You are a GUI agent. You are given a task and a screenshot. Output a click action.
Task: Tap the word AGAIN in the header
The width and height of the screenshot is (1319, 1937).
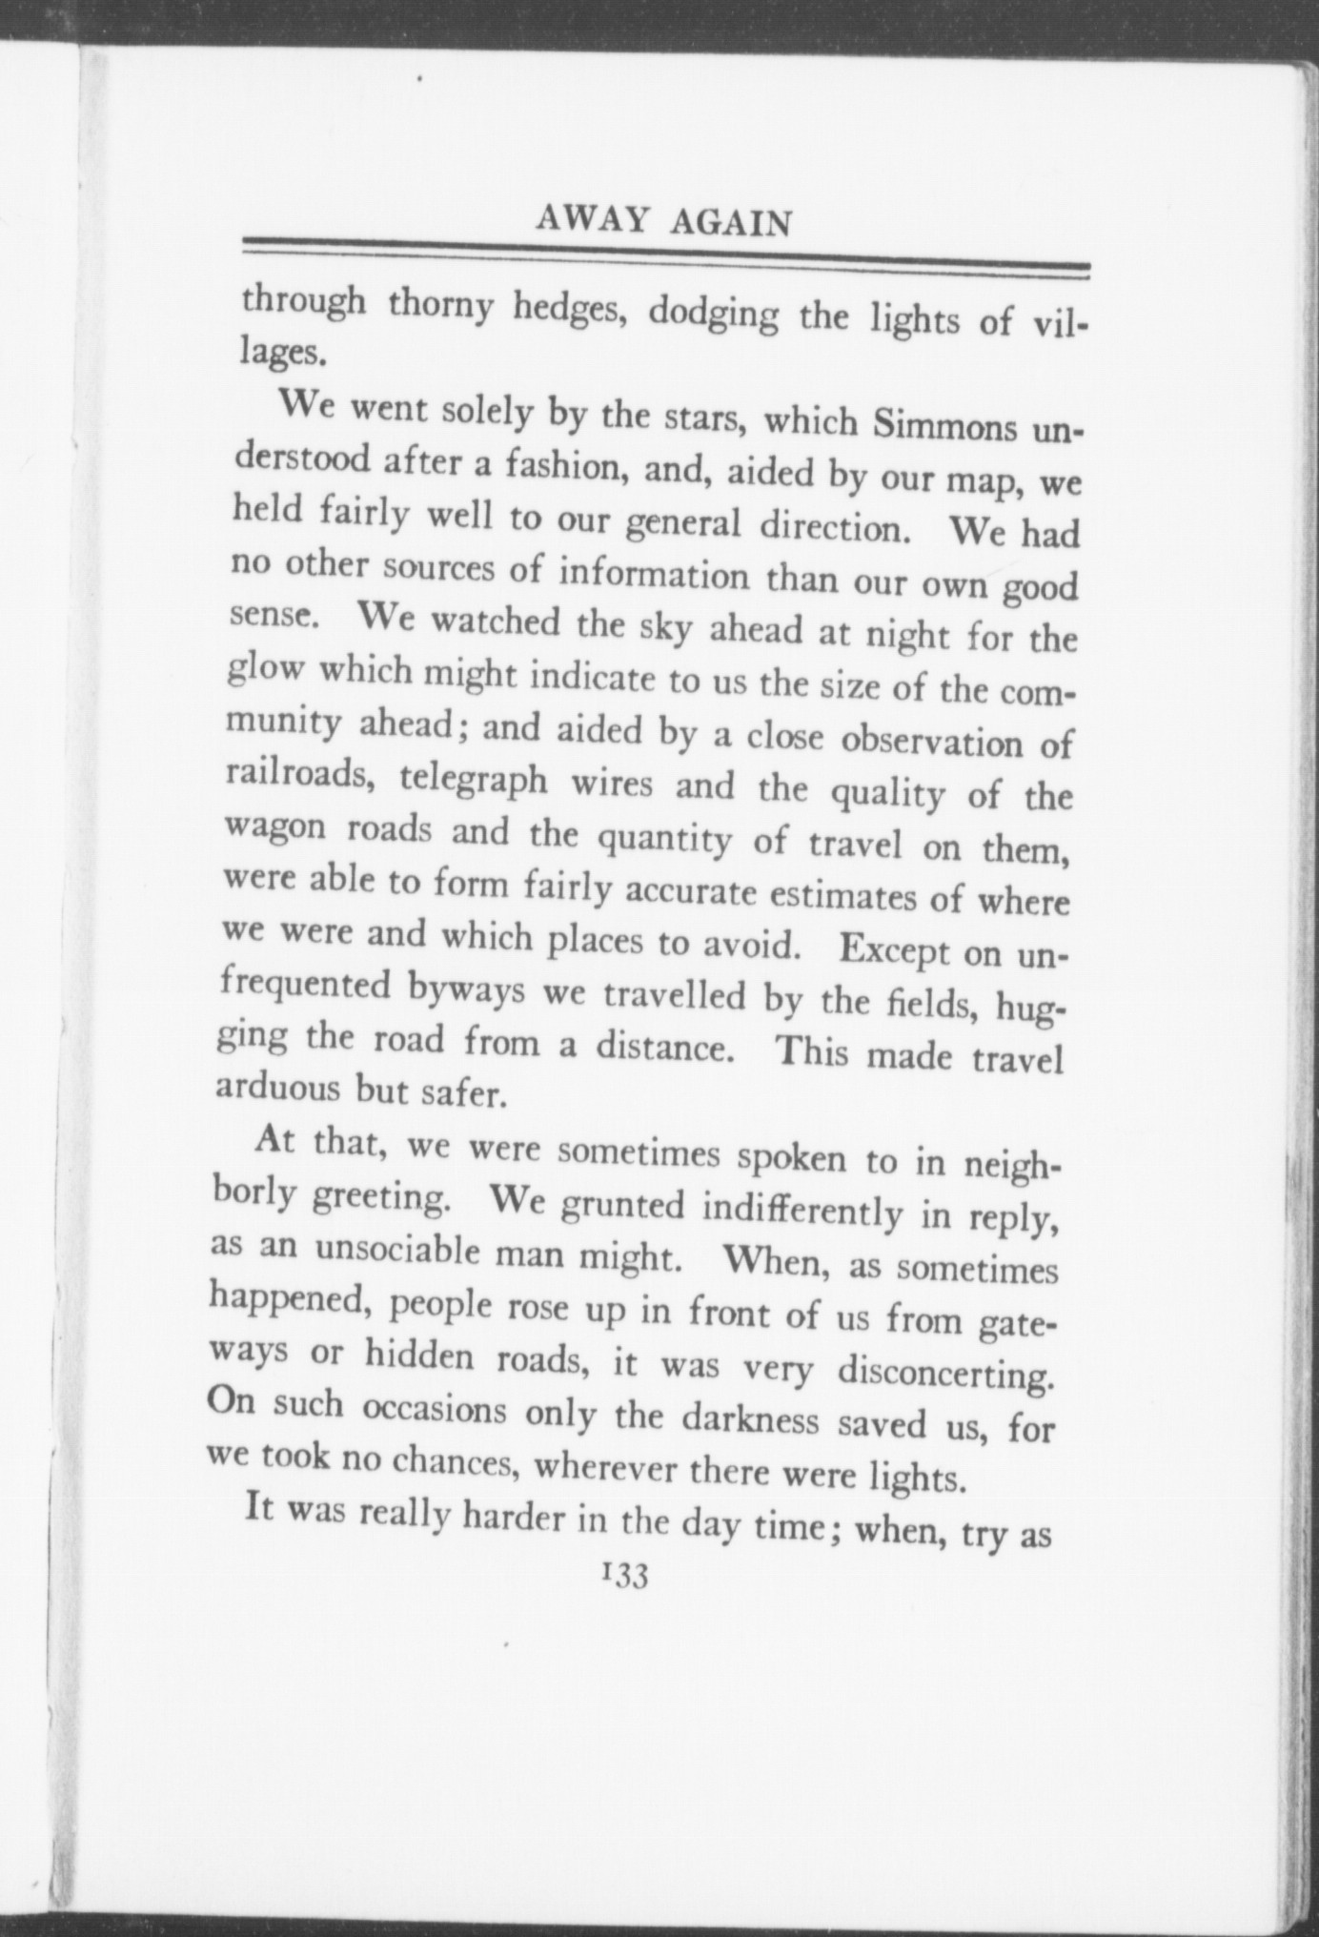(731, 222)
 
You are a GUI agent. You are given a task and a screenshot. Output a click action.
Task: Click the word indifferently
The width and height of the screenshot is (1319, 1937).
(800, 1211)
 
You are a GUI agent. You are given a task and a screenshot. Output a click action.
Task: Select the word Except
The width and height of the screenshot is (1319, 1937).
(893, 950)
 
